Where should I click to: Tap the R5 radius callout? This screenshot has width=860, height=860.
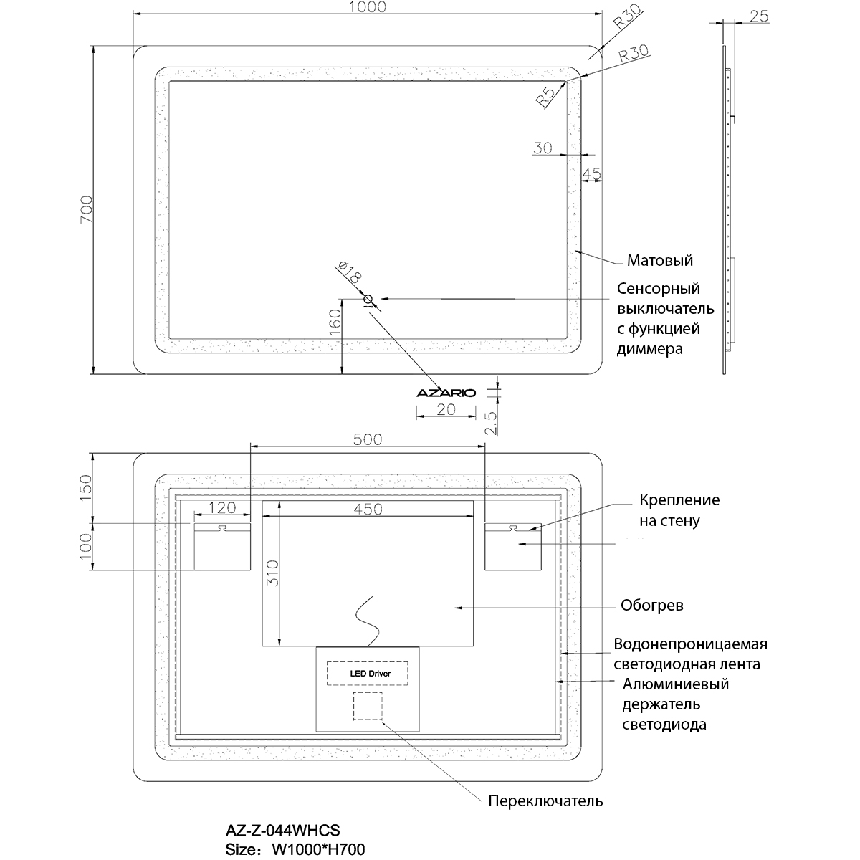(x=545, y=97)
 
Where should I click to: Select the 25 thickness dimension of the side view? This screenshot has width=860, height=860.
(x=759, y=16)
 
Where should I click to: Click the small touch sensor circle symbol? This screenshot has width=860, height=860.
(x=368, y=299)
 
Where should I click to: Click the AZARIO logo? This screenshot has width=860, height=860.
(x=446, y=392)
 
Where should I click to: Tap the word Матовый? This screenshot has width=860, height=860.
(x=659, y=260)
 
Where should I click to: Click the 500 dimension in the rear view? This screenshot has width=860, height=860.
(x=368, y=439)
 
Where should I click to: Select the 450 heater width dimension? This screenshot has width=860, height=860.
(x=367, y=509)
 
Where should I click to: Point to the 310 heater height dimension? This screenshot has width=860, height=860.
(x=272, y=574)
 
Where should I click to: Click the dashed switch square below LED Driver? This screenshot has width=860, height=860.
(x=368, y=706)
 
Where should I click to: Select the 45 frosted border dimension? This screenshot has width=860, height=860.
(x=591, y=174)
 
